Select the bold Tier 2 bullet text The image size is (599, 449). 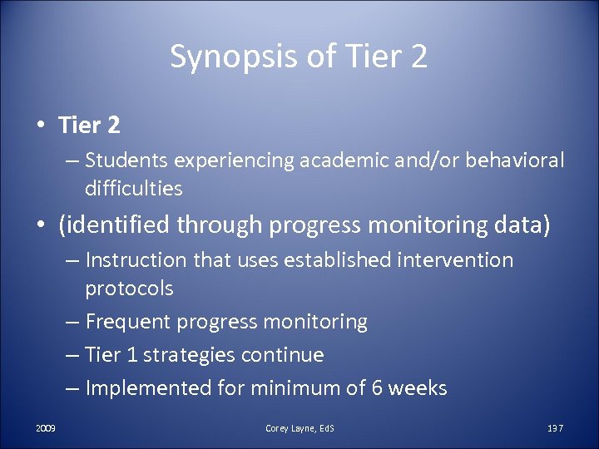coord(89,126)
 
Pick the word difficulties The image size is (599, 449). coord(133,189)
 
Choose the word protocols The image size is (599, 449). coord(129,289)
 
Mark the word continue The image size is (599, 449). coord(282,355)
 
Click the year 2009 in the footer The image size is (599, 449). coord(46,428)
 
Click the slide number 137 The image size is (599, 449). coord(555,428)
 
